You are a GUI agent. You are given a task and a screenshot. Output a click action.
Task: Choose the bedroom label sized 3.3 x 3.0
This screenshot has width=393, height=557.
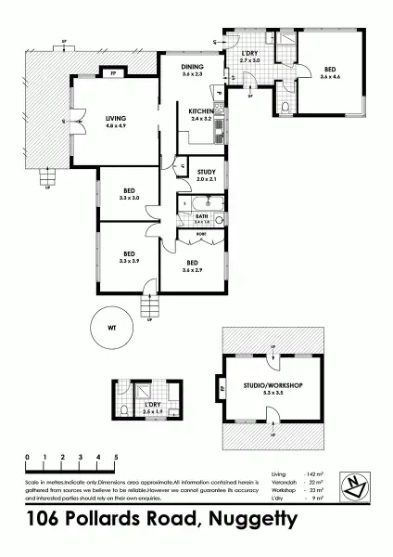tap(128, 194)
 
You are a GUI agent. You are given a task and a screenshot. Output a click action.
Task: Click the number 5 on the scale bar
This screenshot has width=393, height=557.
tap(116, 457)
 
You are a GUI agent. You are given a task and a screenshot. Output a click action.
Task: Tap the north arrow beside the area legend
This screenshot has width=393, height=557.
tap(355, 485)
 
